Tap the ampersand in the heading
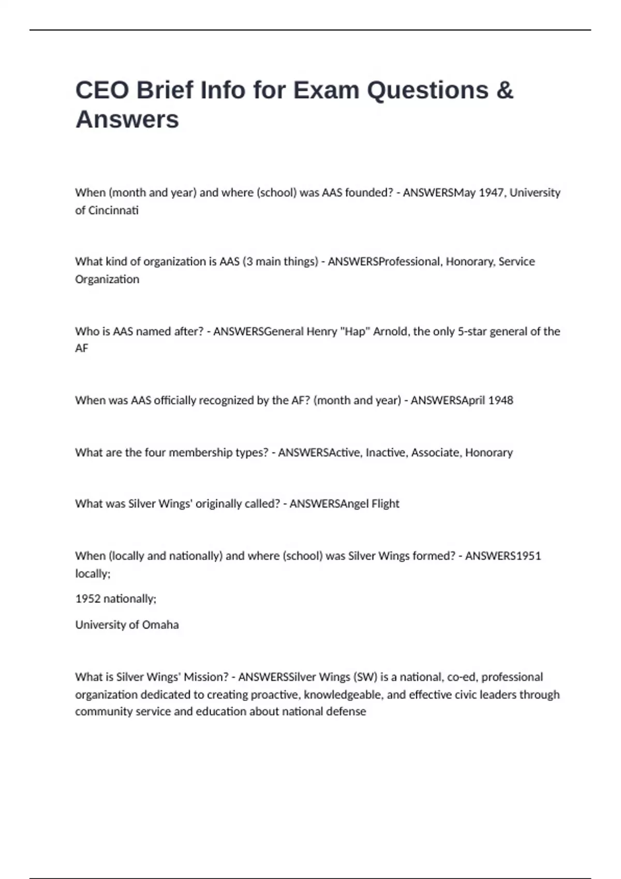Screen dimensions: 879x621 [x=505, y=90]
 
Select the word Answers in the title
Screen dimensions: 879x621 [x=127, y=119]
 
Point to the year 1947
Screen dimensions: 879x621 [x=491, y=192]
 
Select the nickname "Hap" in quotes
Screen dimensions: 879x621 [x=354, y=331]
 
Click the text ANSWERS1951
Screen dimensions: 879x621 [x=503, y=556]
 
